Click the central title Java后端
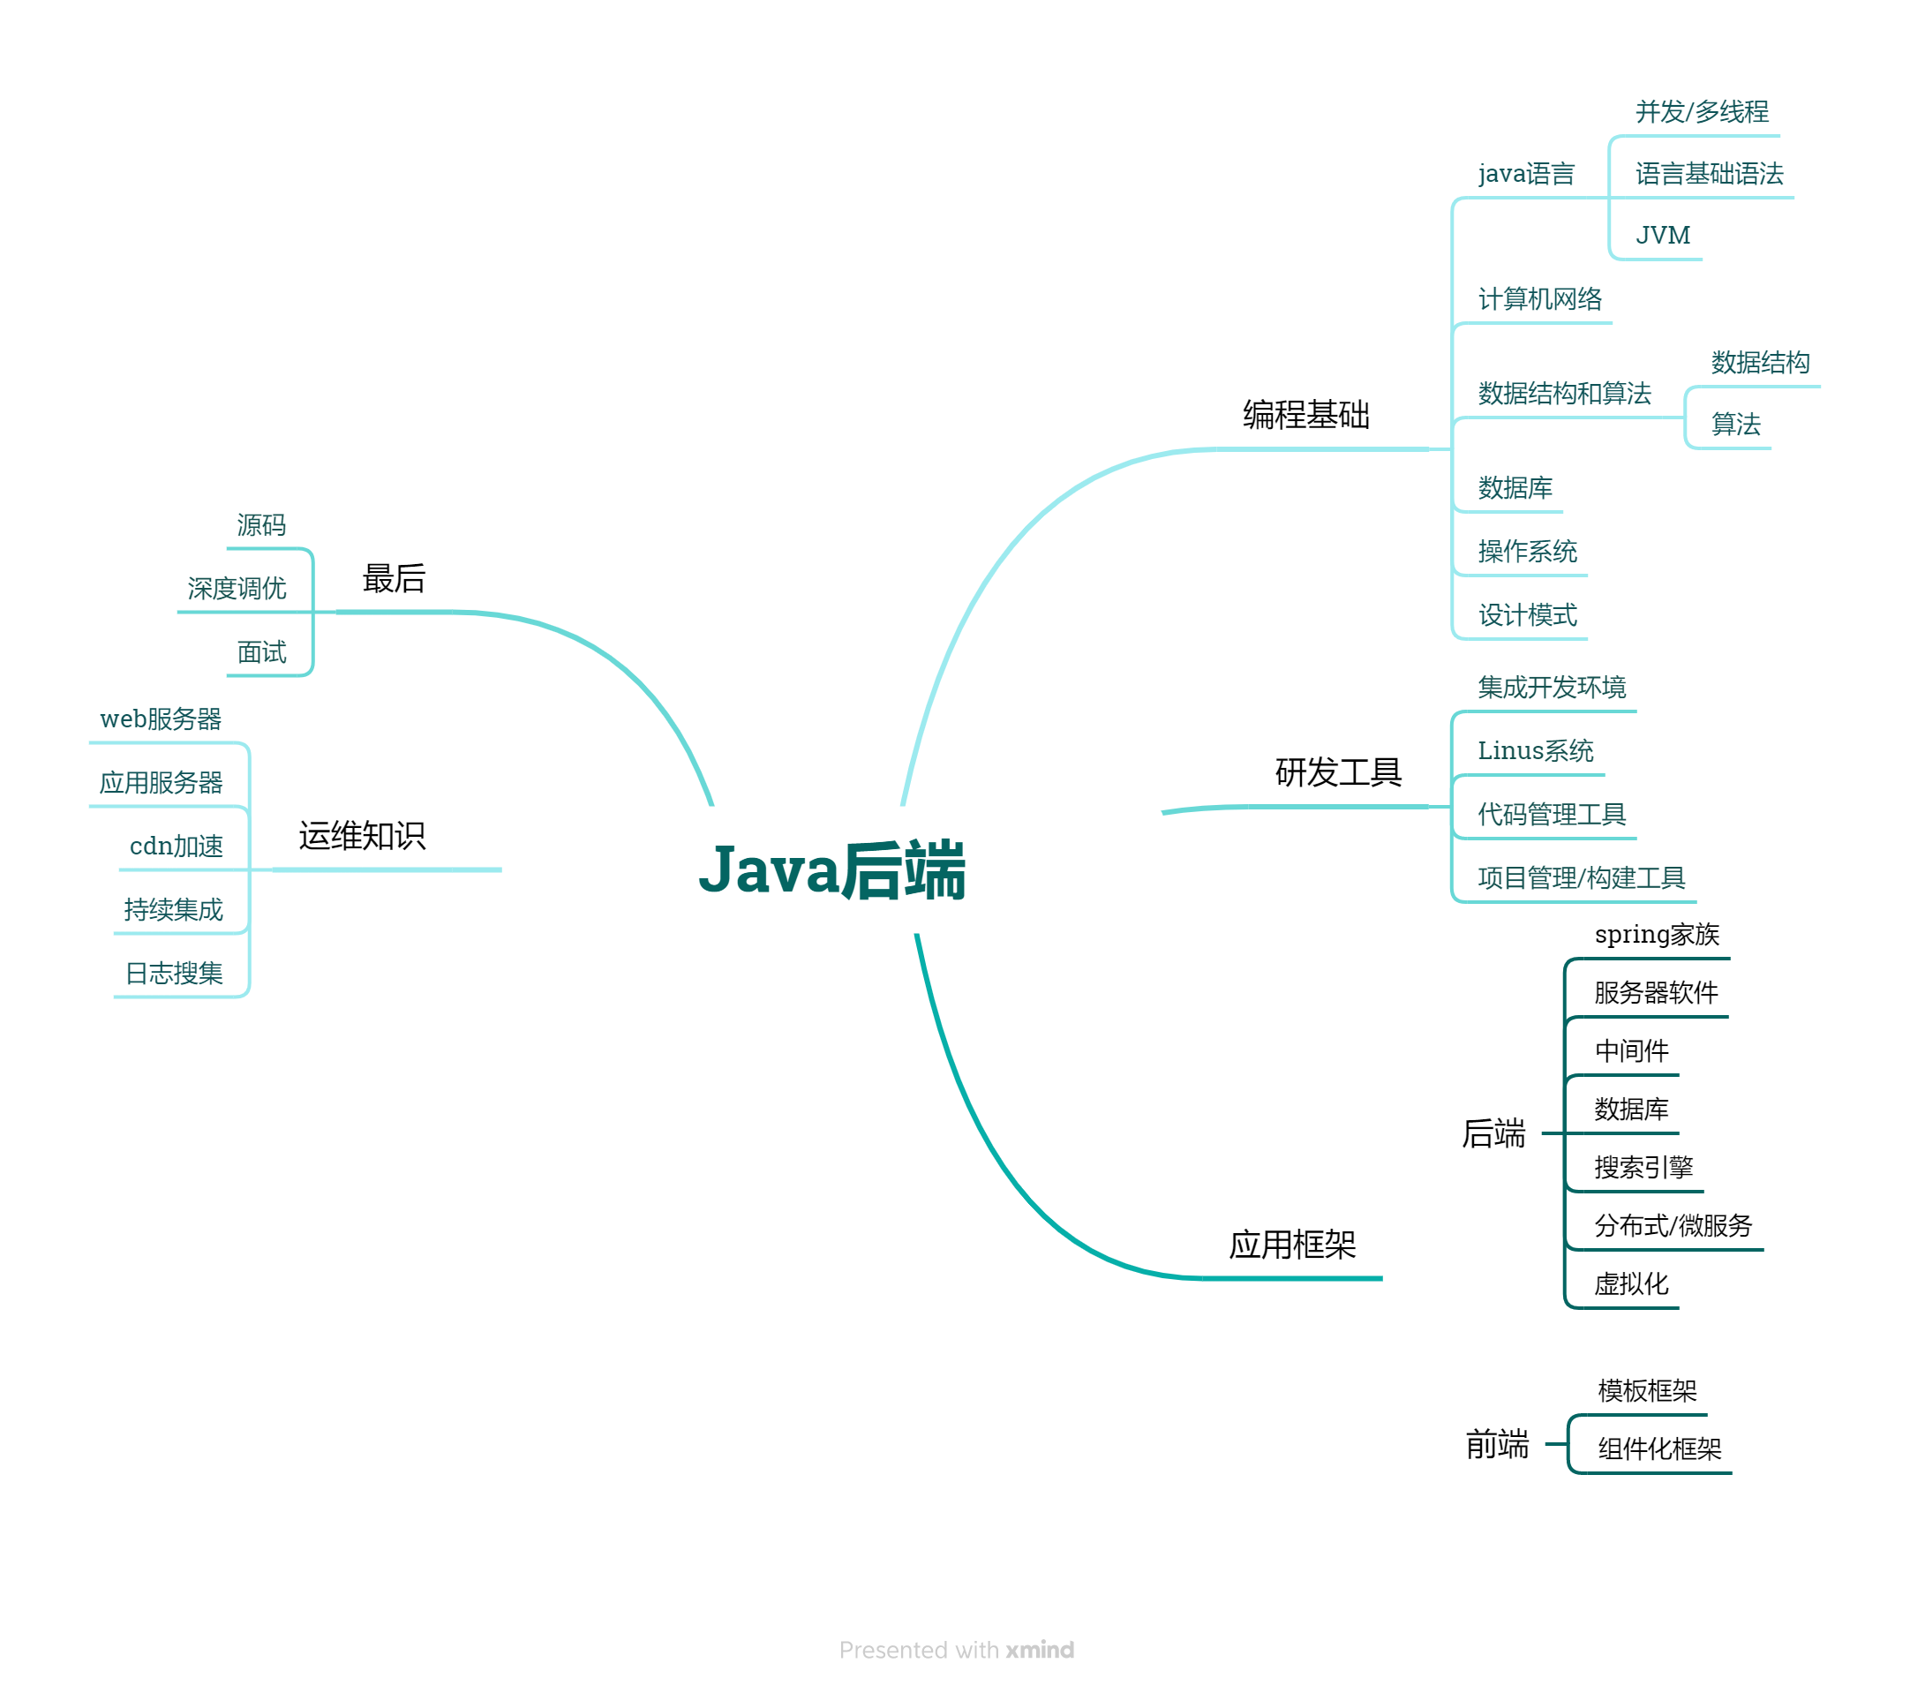point(831,871)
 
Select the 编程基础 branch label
point(1305,414)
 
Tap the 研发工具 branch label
point(1338,771)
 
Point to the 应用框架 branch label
point(1291,1244)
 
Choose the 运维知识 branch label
point(362,834)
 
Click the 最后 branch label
point(394,577)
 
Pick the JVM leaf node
point(1662,235)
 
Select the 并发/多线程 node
point(1702,111)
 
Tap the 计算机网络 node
point(1540,299)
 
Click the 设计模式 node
point(1528,614)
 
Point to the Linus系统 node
point(1535,750)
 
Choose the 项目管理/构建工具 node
point(1581,877)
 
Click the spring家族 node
point(1657,934)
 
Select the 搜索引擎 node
point(1643,1167)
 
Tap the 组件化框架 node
point(1659,1448)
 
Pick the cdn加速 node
point(177,846)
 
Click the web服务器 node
point(161,719)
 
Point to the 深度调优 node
point(237,588)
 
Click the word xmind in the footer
point(1039,1650)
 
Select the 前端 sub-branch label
point(1497,1444)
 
